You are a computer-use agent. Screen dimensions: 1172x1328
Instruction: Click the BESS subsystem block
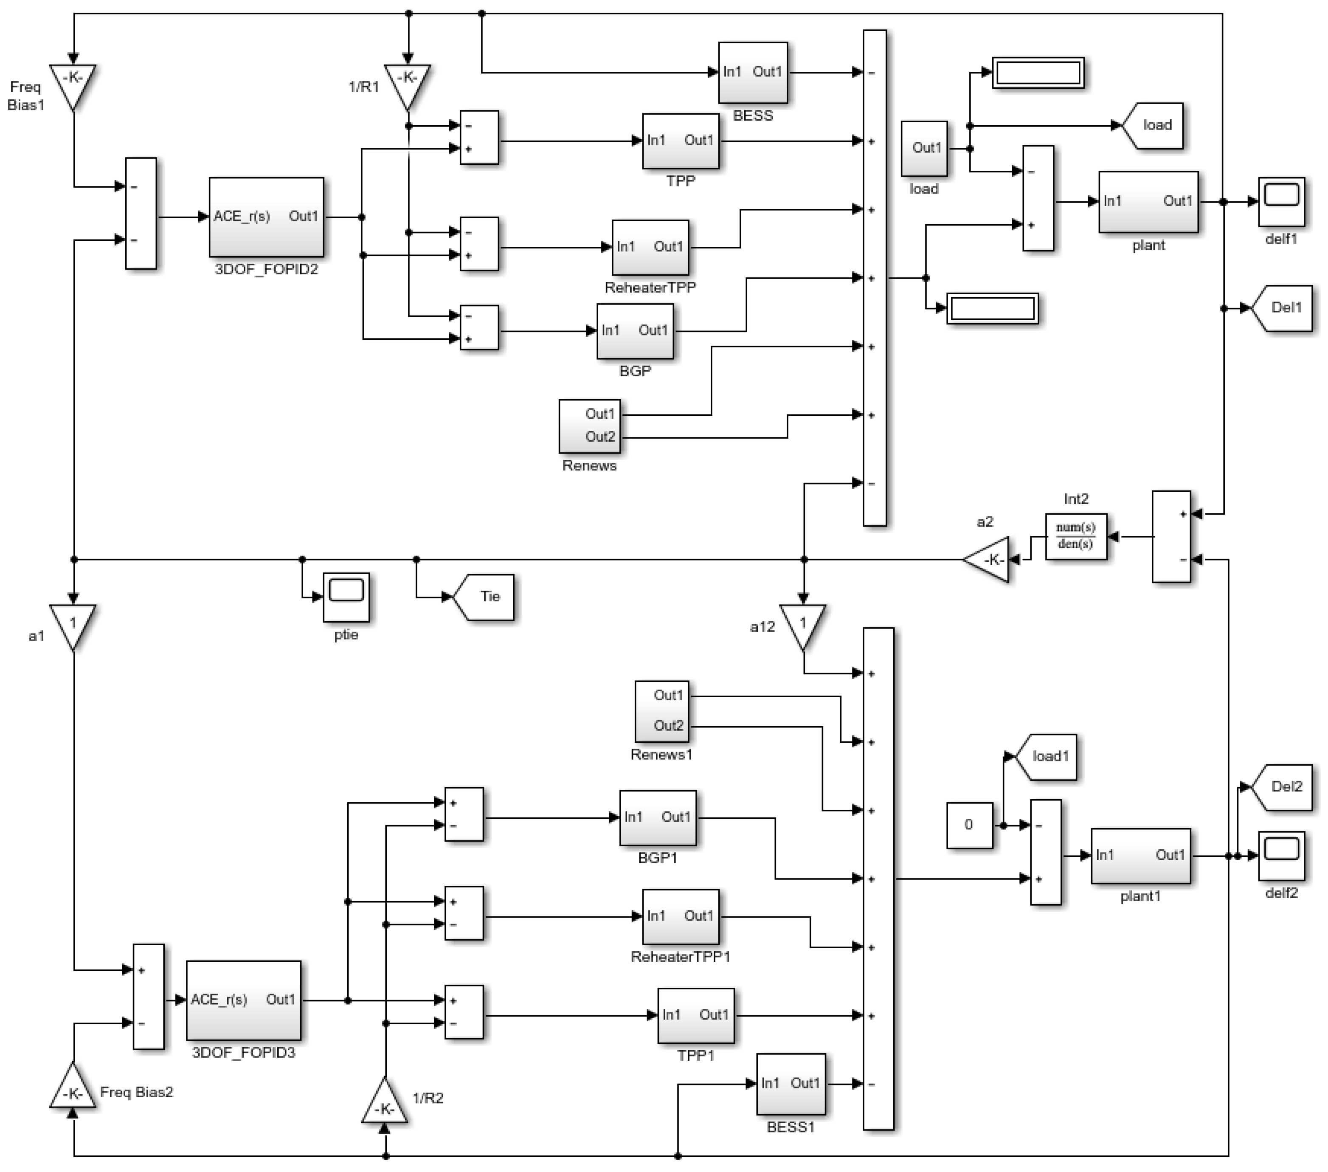752,73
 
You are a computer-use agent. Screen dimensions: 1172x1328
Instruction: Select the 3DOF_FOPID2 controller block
266,217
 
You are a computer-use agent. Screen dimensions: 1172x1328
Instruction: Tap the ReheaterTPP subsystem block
650,248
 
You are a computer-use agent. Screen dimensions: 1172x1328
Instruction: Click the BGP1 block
658,818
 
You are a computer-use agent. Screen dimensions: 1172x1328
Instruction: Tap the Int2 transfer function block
1076,537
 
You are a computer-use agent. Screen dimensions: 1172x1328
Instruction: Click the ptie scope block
346,596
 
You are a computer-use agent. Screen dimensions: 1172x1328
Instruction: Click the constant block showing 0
969,825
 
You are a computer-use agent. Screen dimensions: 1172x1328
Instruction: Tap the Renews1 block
661,711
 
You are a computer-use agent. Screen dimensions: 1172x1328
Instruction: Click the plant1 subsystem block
1140,856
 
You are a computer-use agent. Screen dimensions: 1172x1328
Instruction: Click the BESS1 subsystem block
791,1084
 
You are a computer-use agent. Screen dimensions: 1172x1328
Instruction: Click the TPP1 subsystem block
696,1015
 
